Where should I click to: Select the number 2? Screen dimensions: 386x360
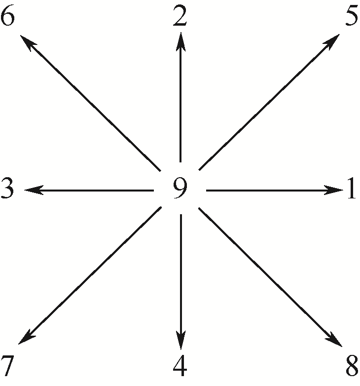tap(180, 18)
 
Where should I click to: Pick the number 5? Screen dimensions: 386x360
tap(351, 18)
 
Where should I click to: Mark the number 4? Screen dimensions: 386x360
tap(180, 366)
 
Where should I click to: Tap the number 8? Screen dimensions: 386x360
tap(352, 366)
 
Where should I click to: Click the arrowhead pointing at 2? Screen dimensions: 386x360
tap(181, 40)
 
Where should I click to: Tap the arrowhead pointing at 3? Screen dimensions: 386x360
tap(32, 190)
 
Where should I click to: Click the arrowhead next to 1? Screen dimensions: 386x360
tap(334, 190)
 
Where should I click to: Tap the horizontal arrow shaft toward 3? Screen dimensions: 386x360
tap(94, 190)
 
